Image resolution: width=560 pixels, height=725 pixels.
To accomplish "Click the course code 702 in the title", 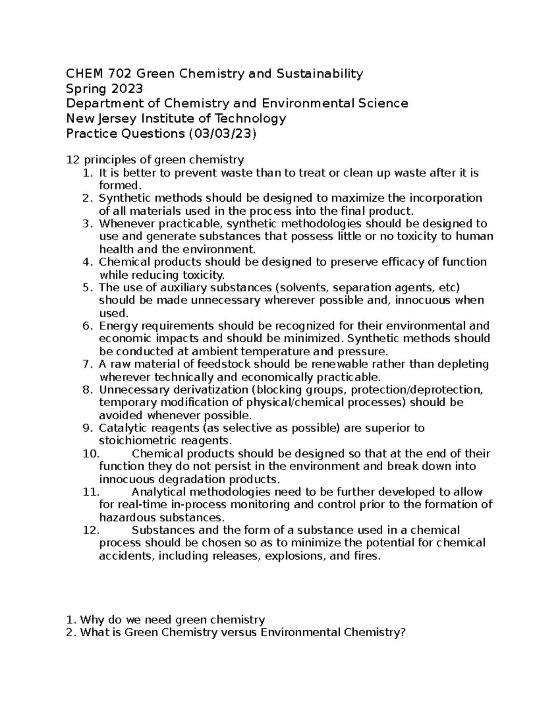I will pyautogui.click(x=119, y=73).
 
